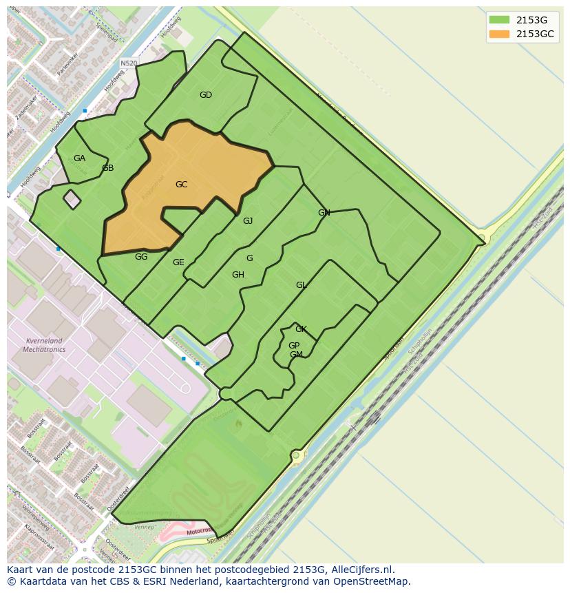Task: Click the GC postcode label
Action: tap(182, 185)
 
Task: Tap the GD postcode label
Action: tap(206, 95)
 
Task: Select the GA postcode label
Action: tap(80, 158)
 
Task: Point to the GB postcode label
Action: tap(108, 168)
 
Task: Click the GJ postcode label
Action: tap(248, 221)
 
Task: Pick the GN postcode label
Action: tap(324, 213)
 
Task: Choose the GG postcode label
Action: tap(141, 257)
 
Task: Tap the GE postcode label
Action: tap(178, 262)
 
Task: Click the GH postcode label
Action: tap(238, 275)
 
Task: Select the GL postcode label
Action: tap(301, 285)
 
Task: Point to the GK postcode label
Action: tap(301, 329)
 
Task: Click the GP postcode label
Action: tap(294, 346)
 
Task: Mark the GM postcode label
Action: tap(296, 355)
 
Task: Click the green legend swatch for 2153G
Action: tap(499, 20)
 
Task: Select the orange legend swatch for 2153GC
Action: tap(499, 34)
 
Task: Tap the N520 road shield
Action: tap(129, 63)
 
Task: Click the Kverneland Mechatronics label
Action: tap(43, 345)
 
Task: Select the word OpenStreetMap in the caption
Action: tap(376, 581)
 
